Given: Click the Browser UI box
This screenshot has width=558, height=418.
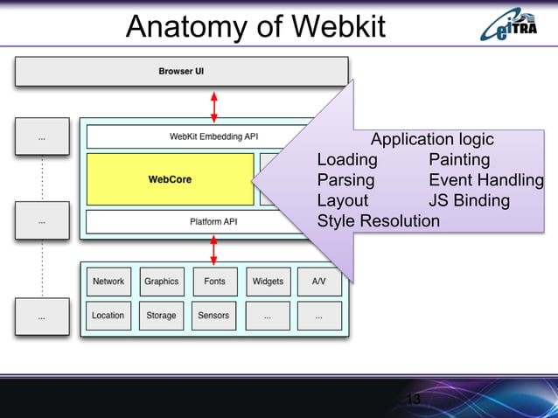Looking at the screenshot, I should click(181, 71).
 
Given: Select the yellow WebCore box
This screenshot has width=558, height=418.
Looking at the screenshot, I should click(170, 179).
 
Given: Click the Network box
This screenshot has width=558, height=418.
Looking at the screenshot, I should click(108, 282).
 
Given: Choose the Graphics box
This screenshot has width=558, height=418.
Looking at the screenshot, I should click(161, 282).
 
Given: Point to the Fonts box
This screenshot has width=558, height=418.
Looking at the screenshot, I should click(214, 282).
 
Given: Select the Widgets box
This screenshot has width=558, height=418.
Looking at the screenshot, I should click(268, 282).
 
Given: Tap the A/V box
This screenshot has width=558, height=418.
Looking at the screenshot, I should click(319, 282).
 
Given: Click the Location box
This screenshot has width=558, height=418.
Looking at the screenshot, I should click(108, 315).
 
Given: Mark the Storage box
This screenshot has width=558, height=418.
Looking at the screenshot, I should click(161, 315).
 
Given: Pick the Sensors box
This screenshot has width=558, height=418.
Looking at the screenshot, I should click(214, 315).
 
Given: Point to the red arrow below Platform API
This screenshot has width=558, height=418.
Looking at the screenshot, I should click(214, 249).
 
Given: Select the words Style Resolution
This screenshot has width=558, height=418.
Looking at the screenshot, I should click(378, 220).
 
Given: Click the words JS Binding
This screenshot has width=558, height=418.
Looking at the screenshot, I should click(469, 200).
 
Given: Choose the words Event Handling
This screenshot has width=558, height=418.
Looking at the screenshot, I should click(485, 180).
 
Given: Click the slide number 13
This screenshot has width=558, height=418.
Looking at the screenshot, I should click(414, 400).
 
